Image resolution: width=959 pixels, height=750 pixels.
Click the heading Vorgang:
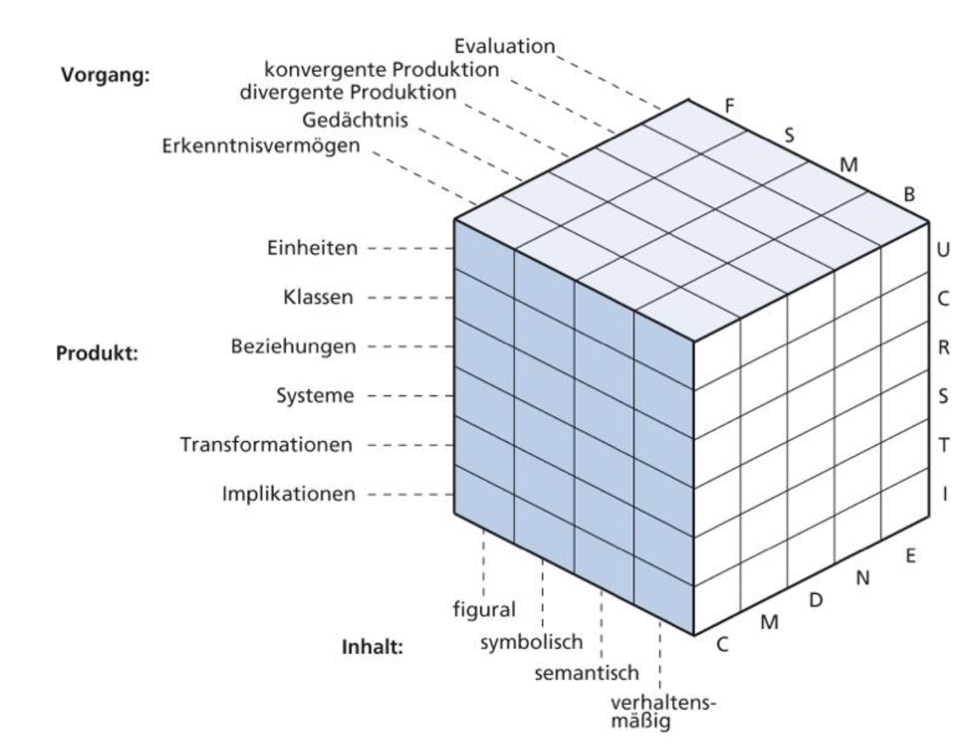tap(105, 76)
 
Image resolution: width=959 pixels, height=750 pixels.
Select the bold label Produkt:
tap(97, 354)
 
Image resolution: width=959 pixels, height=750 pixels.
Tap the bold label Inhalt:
tap(372, 648)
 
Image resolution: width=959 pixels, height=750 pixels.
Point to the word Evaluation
tap(504, 46)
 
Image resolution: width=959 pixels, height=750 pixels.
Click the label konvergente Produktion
tap(382, 70)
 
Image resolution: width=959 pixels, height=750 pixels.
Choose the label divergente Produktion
tap(348, 93)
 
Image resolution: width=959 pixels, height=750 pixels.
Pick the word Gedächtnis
tap(354, 119)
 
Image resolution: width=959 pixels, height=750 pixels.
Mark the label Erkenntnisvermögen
tap(261, 145)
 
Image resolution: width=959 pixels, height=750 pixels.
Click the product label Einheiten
tap(312, 248)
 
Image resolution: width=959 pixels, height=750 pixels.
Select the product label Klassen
tap(318, 298)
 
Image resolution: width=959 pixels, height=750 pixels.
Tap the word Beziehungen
tap(293, 346)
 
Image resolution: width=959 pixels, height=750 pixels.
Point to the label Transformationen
tap(267, 445)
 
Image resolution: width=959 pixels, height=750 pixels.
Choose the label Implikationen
tap(289, 494)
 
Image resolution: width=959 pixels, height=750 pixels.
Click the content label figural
tap(484, 610)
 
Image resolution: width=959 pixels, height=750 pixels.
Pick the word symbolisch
tap(531, 642)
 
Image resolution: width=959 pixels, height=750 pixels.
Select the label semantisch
tap(586, 673)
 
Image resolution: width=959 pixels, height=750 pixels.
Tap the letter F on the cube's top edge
tap(729, 106)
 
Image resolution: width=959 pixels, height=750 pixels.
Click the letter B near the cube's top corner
tap(909, 195)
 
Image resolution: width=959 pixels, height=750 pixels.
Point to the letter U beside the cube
tap(943, 250)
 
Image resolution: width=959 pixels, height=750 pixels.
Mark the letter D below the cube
tap(815, 601)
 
